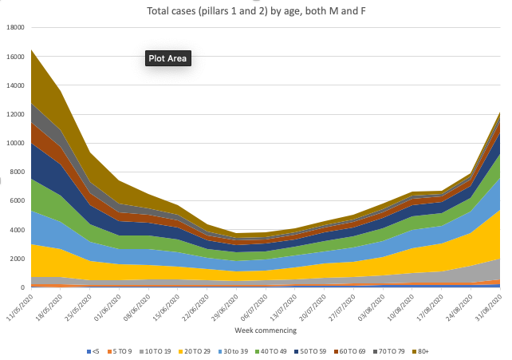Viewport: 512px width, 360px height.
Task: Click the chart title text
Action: tap(256, 11)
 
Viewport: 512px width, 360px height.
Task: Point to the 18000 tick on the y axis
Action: tap(16, 28)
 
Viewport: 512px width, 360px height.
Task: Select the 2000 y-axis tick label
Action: tap(18, 259)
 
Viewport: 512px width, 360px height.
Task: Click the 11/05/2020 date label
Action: tap(18, 308)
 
